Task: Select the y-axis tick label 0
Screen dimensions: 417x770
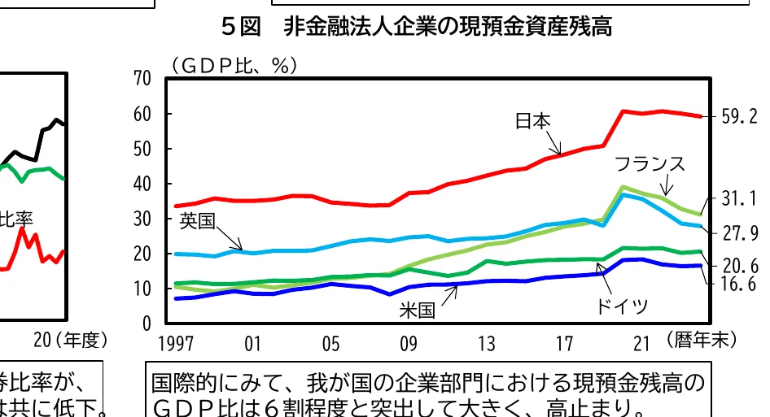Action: coord(147,324)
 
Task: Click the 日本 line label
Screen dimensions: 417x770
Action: coord(533,121)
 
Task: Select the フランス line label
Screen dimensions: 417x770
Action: coord(649,163)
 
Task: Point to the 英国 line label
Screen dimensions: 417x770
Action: coord(198,220)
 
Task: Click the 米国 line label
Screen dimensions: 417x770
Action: coord(417,310)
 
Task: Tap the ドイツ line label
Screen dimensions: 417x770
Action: coord(622,306)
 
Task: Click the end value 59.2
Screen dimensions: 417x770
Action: coord(739,117)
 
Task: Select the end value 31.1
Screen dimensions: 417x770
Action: coord(739,198)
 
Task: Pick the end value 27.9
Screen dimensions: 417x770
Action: coord(739,234)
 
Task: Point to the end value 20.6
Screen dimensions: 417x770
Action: coord(739,266)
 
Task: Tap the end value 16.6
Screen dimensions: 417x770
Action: coord(739,284)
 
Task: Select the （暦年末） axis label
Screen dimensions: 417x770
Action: coord(699,340)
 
